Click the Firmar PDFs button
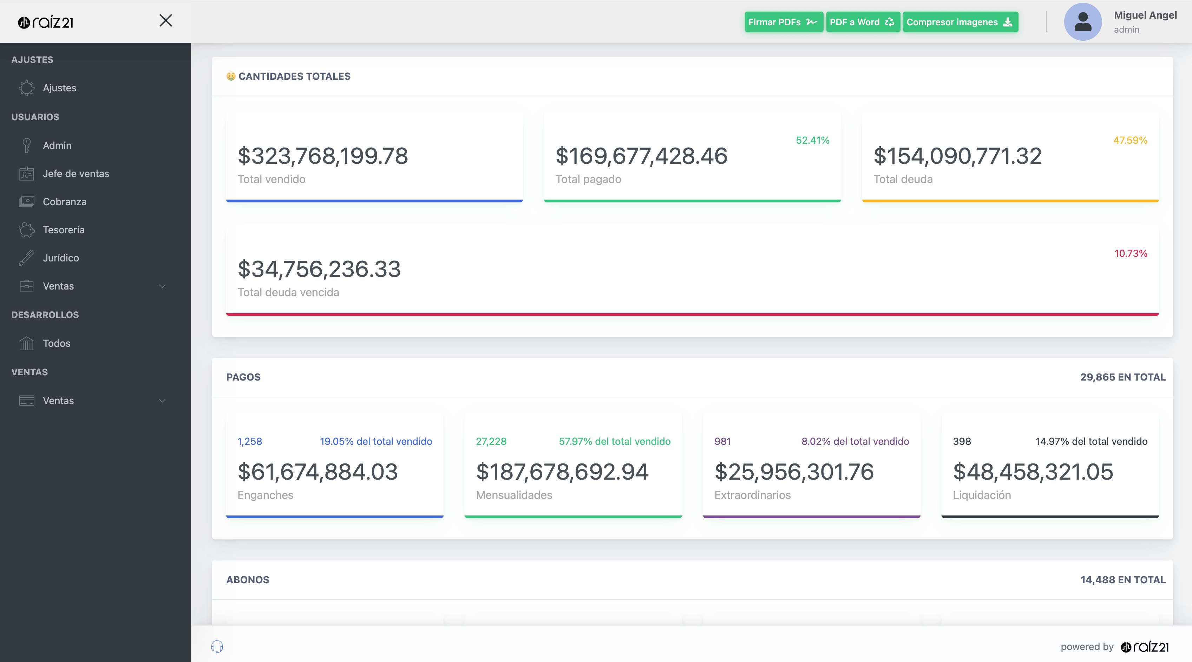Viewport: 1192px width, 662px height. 783,22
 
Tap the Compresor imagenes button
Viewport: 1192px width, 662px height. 960,22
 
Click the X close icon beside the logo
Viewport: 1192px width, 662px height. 166,20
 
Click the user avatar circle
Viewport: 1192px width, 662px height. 1082,22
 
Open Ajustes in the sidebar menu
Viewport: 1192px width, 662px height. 59,88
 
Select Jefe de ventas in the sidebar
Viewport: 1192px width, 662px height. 76,174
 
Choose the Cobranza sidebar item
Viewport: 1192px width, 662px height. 64,202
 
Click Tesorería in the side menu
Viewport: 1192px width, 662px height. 64,230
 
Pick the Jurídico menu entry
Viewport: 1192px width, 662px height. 61,258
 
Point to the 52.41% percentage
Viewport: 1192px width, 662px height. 812,140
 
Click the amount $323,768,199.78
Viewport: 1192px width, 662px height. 322,156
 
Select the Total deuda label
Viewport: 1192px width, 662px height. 902,179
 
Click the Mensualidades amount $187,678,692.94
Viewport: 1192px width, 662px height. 562,472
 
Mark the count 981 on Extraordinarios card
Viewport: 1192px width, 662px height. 722,441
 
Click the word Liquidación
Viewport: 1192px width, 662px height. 982,495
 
